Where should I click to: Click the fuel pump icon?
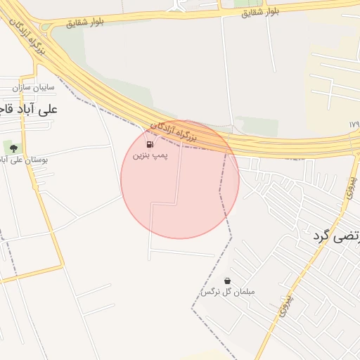pos(150,144)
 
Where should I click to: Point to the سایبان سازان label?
pos(33,89)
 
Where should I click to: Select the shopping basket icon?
pos(227,281)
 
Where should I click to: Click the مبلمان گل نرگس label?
pos(229,292)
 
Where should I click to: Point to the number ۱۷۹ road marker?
pos(353,124)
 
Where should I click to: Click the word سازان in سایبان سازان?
pos(22,89)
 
